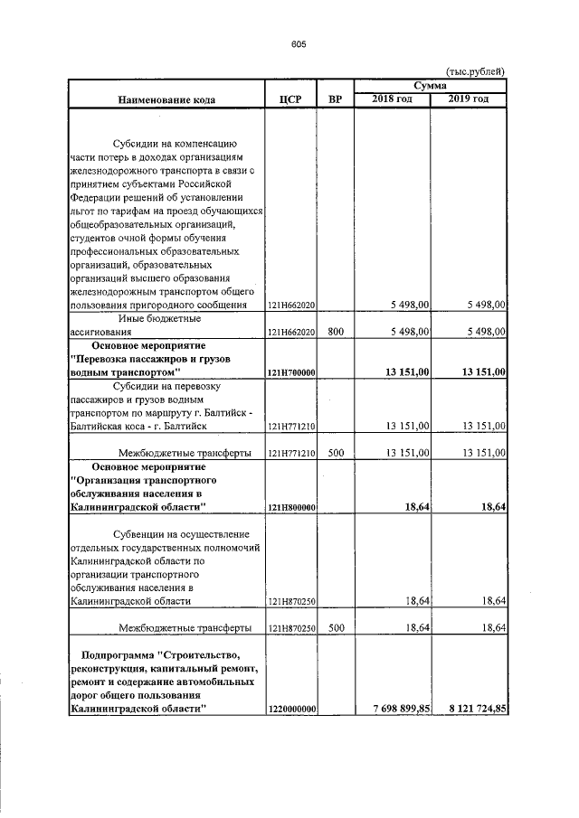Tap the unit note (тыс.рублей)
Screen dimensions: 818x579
[x=476, y=71]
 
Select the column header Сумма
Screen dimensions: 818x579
[x=431, y=84]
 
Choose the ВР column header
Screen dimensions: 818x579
[x=334, y=99]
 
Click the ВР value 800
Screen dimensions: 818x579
[x=336, y=332]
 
